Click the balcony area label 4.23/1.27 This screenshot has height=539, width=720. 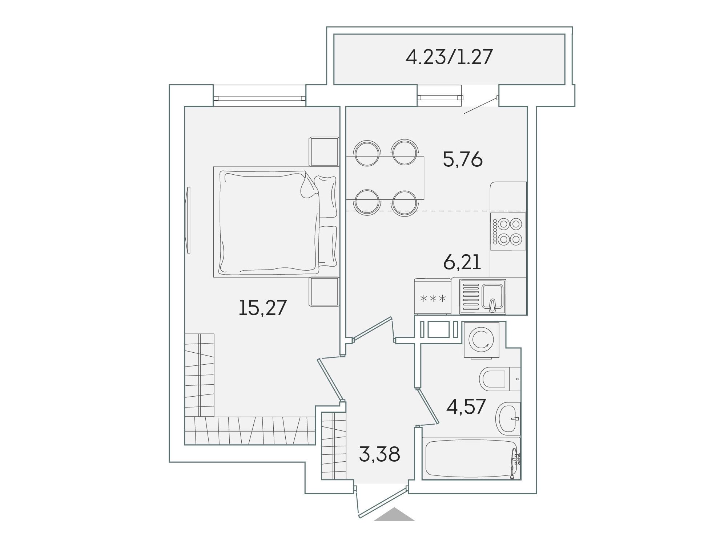[449, 57]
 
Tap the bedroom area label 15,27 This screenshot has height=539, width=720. [263, 308]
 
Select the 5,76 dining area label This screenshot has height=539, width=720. [463, 159]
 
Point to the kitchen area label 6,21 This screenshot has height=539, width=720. [462, 262]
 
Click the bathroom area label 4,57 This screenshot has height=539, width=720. [466, 406]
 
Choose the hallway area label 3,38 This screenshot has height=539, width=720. [379, 454]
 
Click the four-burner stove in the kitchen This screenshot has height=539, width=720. [508, 231]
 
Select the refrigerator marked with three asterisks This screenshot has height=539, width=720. [433, 296]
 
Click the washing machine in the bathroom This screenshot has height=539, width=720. [482, 340]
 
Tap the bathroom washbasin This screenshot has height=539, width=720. [508, 418]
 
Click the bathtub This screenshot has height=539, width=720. [471, 458]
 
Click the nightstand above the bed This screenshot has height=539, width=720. [324, 152]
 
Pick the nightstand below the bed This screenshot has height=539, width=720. [324, 292]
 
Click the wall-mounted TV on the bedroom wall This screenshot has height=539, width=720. [188, 220]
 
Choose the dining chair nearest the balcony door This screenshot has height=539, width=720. [405, 153]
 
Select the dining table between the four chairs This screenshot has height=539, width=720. [385, 178]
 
